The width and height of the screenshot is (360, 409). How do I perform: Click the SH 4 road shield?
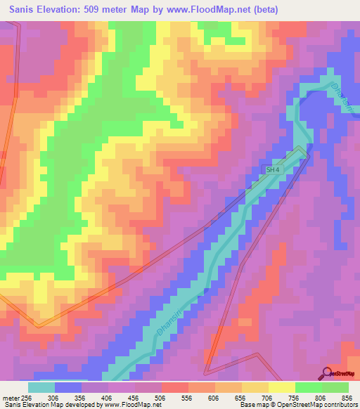click(274, 169)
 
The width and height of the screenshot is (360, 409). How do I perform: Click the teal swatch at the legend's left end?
click(41, 387)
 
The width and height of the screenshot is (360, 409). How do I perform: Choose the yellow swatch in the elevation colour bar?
click(281, 387)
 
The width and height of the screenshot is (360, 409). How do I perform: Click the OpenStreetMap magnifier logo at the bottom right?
click(328, 372)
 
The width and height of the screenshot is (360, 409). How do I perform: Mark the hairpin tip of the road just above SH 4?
click(305, 150)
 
